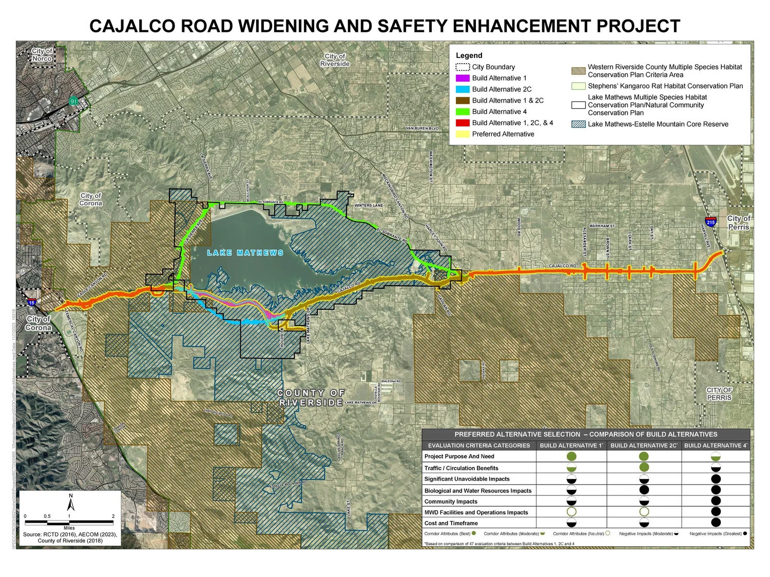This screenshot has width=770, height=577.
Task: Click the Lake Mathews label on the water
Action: click(245, 253)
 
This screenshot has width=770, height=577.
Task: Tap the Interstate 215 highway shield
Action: click(710, 222)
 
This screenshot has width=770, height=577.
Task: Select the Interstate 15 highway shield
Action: click(32, 303)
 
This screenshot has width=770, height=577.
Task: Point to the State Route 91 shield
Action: click(73, 102)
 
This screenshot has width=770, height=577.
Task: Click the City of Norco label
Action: click(42, 55)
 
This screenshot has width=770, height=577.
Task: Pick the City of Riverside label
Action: click(335, 60)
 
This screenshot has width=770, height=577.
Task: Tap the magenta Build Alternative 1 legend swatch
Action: click(463, 78)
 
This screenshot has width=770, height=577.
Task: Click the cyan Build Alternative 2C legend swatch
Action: click(463, 89)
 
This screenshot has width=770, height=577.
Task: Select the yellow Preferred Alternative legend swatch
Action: click(463, 134)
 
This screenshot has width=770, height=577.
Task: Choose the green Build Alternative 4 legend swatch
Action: click(463, 112)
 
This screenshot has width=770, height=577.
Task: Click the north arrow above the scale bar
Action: click(71, 503)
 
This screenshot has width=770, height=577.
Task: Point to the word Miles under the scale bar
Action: click(69, 528)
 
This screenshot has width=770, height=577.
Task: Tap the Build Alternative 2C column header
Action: click(644, 446)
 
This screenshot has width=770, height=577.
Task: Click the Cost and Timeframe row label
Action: click(451, 523)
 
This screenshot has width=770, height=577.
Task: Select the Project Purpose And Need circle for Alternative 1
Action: click(571, 456)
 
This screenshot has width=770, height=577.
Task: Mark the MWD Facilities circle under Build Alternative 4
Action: click(716, 511)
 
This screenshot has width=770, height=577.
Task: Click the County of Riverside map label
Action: click(311, 397)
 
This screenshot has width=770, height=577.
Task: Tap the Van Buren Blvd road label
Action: click(422, 128)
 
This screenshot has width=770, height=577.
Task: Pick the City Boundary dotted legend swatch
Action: click(463, 67)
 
